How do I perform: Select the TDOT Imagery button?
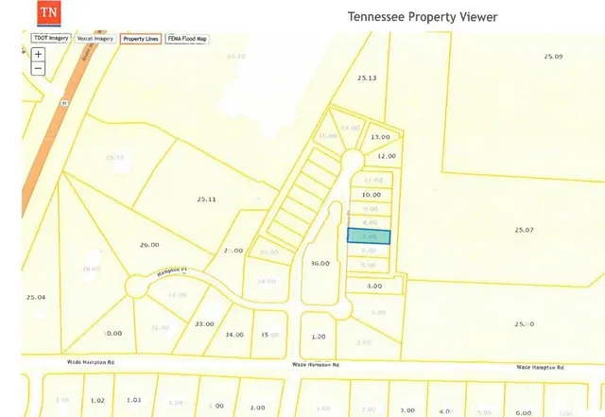[x=50, y=39]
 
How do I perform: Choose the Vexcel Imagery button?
[x=95, y=39]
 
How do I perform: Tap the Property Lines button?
[x=140, y=39]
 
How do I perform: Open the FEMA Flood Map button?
[x=186, y=39]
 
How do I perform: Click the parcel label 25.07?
[x=524, y=230]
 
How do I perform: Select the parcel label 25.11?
[x=206, y=200]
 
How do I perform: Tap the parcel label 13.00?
[x=380, y=136]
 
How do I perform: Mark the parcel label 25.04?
[x=36, y=297]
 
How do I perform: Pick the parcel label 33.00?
[x=204, y=324]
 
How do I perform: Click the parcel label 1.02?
[x=97, y=401]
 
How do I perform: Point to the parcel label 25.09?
[x=552, y=58]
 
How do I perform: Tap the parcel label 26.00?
[x=149, y=245]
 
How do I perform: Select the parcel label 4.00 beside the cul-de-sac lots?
[x=374, y=286]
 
